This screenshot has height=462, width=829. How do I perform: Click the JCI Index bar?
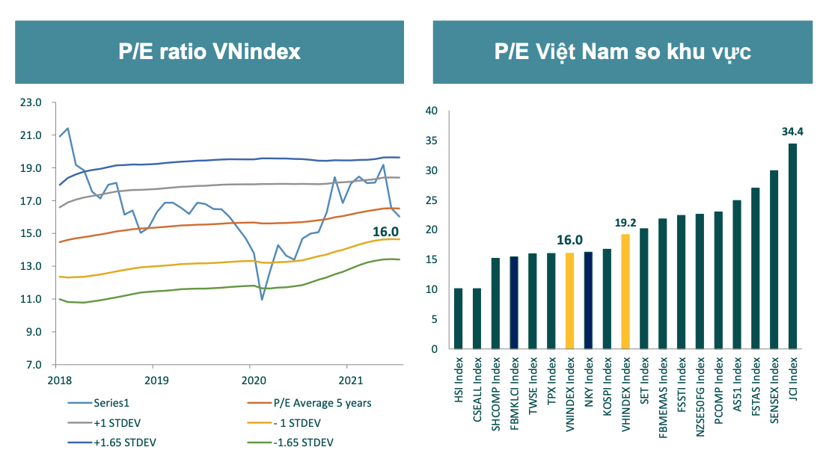pyautogui.click(x=792, y=247)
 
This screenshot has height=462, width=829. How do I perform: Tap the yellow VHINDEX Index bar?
pyautogui.click(x=625, y=292)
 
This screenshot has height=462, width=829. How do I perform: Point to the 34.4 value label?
pyautogui.click(x=792, y=132)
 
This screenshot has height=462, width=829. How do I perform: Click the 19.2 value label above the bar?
pyautogui.click(x=625, y=223)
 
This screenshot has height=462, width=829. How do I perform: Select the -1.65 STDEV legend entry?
pyautogui.click(x=302, y=442)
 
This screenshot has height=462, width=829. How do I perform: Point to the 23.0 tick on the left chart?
pyautogui.click(x=36, y=102)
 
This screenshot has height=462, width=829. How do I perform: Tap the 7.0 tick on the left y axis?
pyautogui.click(x=39, y=365)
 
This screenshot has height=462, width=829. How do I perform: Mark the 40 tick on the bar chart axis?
pyautogui.click(x=431, y=111)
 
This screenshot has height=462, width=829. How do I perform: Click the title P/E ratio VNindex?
pyautogui.click(x=209, y=52)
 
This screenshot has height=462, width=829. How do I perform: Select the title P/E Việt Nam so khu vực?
pyautogui.click(x=622, y=52)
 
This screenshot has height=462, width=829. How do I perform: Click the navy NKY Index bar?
pyautogui.click(x=587, y=300)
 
